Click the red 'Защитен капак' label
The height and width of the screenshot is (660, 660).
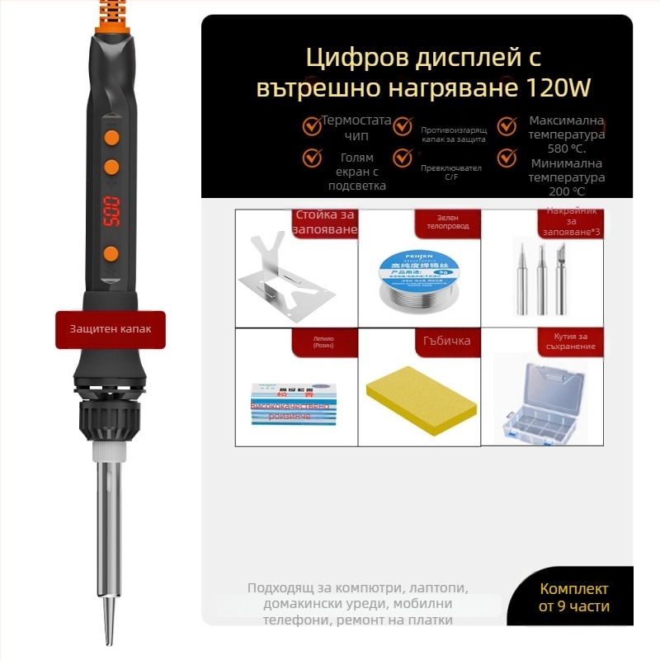(111, 328)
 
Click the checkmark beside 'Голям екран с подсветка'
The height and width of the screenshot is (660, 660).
(312, 157)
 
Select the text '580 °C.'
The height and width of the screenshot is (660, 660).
(567, 149)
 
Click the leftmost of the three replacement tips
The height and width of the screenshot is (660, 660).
(520, 276)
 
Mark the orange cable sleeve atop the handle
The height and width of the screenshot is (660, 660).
(110, 16)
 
